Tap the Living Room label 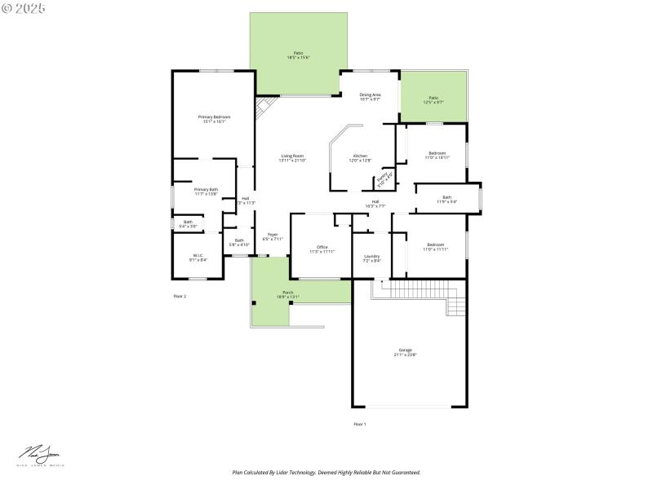pos(292,158)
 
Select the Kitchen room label pos(360,158)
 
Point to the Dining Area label pos(371,97)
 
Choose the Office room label pos(322,249)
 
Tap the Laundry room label pos(371,258)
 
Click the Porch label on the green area pos(288,294)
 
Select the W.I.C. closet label pos(198,258)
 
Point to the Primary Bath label pos(206,192)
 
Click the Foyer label pos(273,236)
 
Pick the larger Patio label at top pos(298,55)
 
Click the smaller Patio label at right pos(433,100)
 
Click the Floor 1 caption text pos(359,424)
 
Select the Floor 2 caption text pos(180,296)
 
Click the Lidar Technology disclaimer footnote pos(326,472)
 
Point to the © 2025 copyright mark pos(24,7)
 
